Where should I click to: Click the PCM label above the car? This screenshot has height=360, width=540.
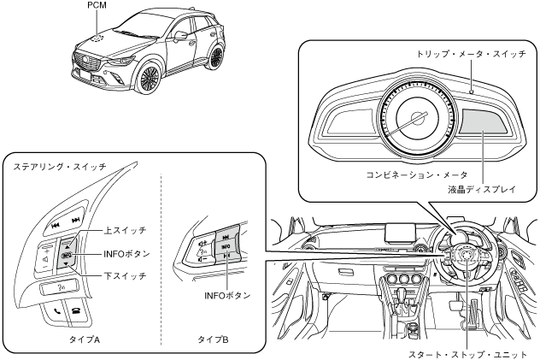click(98, 5)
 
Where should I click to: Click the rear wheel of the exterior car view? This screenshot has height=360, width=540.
click(217, 57)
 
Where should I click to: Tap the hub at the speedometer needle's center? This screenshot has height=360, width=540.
click(418, 121)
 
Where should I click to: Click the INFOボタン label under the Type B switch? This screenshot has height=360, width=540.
click(226, 295)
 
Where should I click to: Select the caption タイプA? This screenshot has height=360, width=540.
click(84, 339)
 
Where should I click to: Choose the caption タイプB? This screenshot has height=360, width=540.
click(213, 339)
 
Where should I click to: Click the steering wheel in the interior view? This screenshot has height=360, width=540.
click(465, 257)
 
